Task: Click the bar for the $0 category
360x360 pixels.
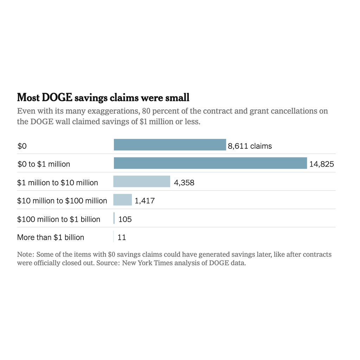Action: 170,145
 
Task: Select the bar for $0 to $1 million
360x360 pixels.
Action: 210,163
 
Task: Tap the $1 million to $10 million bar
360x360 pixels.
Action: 142,181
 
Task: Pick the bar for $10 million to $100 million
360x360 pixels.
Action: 122,200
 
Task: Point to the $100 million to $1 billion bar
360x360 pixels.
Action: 114,218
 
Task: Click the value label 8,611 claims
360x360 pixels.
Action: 250,146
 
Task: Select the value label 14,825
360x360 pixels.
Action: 321,164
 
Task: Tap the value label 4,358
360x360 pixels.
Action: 184,182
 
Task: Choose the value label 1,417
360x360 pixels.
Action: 144,201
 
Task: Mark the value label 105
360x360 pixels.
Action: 125,219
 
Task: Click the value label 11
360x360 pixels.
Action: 122,238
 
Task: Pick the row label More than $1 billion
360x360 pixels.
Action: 51,237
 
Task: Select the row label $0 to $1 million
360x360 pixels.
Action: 44,164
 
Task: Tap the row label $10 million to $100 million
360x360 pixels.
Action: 62,201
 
